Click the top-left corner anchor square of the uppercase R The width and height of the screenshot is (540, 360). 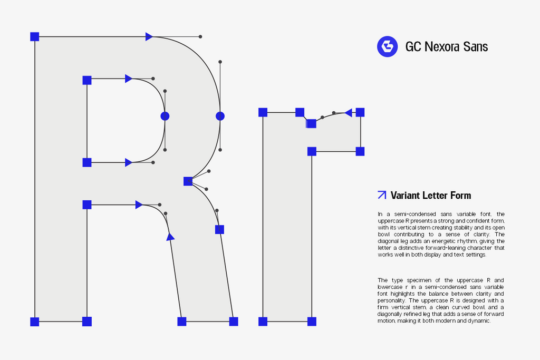click(35, 36)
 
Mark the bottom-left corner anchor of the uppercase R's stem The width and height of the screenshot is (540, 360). click(35, 322)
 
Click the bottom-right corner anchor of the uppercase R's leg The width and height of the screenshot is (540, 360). click(234, 322)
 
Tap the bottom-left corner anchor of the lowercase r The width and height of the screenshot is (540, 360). click(263, 322)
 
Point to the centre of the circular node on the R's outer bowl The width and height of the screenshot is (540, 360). click(220, 116)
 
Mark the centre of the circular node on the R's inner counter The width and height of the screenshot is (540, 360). click(165, 116)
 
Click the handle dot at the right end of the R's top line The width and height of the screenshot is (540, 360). click(200, 36)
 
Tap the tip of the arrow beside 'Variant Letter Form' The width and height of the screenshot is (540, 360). click(386, 191)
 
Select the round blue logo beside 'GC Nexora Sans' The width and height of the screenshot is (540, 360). click(388, 46)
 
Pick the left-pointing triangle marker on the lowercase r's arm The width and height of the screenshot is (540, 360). click(348, 113)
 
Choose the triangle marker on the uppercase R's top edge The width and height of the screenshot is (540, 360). click(149, 36)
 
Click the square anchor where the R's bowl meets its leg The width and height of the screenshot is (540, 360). click(188, 181)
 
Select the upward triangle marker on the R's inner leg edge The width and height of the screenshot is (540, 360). click(170, 237)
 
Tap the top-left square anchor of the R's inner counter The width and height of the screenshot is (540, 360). click(87, 80)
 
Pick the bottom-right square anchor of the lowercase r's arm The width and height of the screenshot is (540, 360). click(360, 151)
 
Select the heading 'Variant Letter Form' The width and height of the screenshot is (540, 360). click(431, 196)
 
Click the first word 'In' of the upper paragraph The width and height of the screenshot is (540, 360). click(380, 214)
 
